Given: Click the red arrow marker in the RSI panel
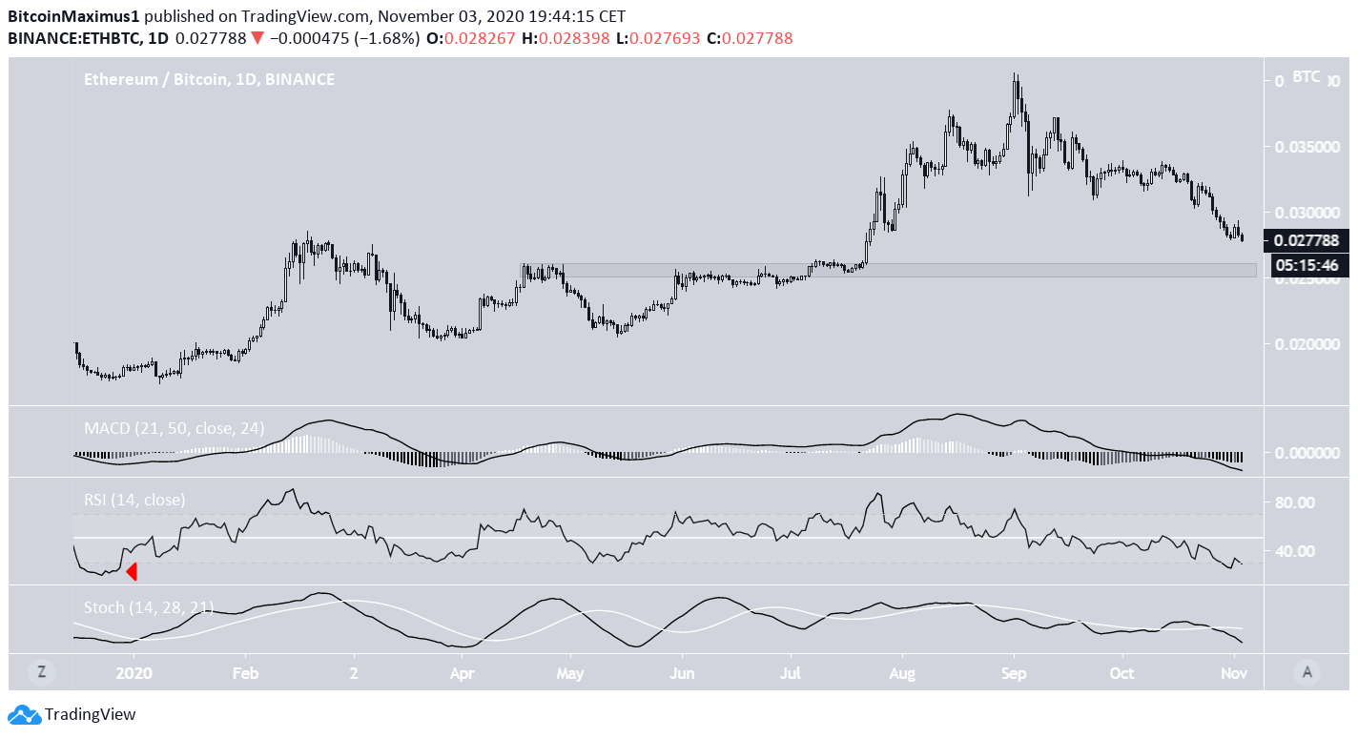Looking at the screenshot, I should pyautogui.click(x=133, y=571).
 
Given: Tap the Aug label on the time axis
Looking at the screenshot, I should pyautogui.click(x=902, y=673).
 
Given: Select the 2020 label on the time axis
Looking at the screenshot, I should pyautogui.click(x=134, y=673).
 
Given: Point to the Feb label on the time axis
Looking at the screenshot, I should pyautogui.click(x=246, y=673).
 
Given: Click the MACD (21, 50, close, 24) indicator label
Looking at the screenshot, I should pyautogui.click(x=172, y=428).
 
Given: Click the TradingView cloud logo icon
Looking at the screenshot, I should pyautogui.click(x=24, y=714).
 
